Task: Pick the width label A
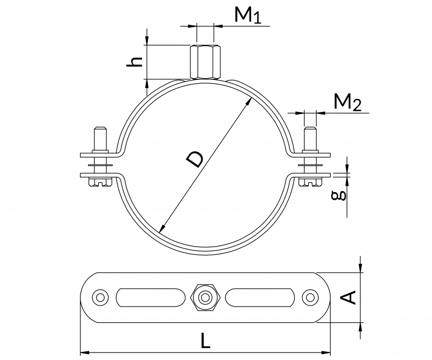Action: [x=350, y=297]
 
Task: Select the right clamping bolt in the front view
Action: [x=310, y=154]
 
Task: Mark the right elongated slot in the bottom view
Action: [x=260, y=297]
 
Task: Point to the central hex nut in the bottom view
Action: [x=204, y=297]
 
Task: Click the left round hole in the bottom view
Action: [x=99, y=297]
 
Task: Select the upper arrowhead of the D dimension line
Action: [x=249, y=100]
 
